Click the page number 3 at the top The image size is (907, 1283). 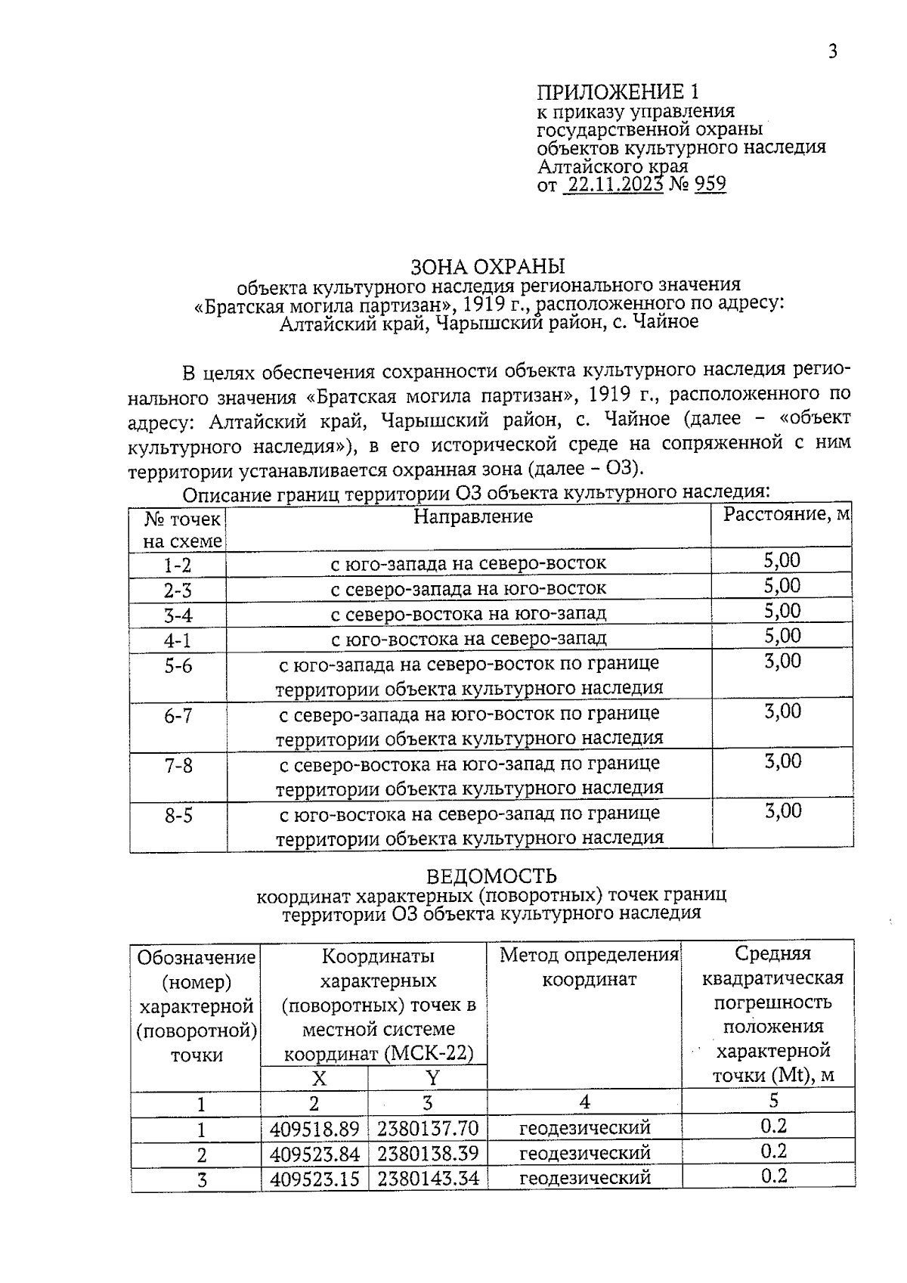click(832, 51)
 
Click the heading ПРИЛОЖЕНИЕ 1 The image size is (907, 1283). click(618, 92)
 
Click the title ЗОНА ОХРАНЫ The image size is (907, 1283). click(488, 266)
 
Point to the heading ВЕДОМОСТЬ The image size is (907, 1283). click(491, 875)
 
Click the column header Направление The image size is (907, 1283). click(473, 516)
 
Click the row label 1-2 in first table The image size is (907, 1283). click(178, 566)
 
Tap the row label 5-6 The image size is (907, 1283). click(178, 665)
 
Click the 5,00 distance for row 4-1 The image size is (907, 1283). click(782, 636)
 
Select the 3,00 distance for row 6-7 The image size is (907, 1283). click(782, 711)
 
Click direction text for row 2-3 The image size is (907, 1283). click(469, 588)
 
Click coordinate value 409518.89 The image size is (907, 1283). click(314, 1129)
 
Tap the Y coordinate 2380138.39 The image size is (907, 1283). click(428, 1154)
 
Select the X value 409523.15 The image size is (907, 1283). click(314, 1178)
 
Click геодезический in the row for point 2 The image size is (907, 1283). click(584, 1153)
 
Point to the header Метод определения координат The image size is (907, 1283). click(589, 967)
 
